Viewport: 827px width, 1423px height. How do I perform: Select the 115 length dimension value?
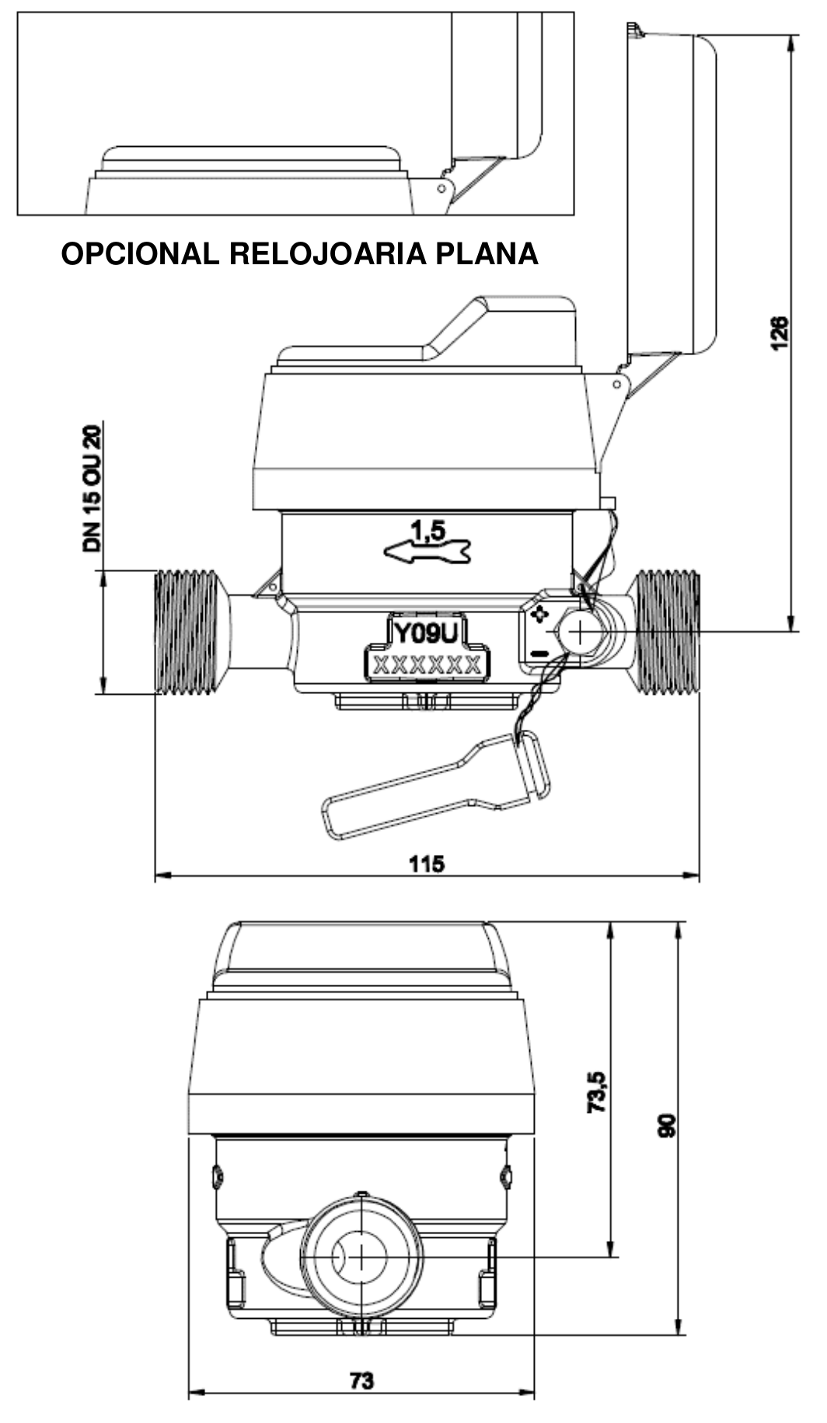click(x=427, y=863)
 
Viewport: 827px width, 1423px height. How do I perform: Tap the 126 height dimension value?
click(x=780, y=333)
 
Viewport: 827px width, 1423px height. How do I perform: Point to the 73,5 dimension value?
click(x=597, y=1090)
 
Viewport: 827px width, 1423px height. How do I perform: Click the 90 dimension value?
click(x=667, y=1125)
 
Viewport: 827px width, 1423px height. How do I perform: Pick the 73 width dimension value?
click(x=361, y=1380)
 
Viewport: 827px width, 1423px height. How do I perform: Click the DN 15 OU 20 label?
click(x=92, y=489)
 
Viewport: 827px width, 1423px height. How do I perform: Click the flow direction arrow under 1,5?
click(x=428, y=552)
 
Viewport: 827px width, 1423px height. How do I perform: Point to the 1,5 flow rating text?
click(x=428, y=531)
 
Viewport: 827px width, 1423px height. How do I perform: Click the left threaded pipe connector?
click(x=187, y=632)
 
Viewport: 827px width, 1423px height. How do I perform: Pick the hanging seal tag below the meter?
click(x=436, y=784)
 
